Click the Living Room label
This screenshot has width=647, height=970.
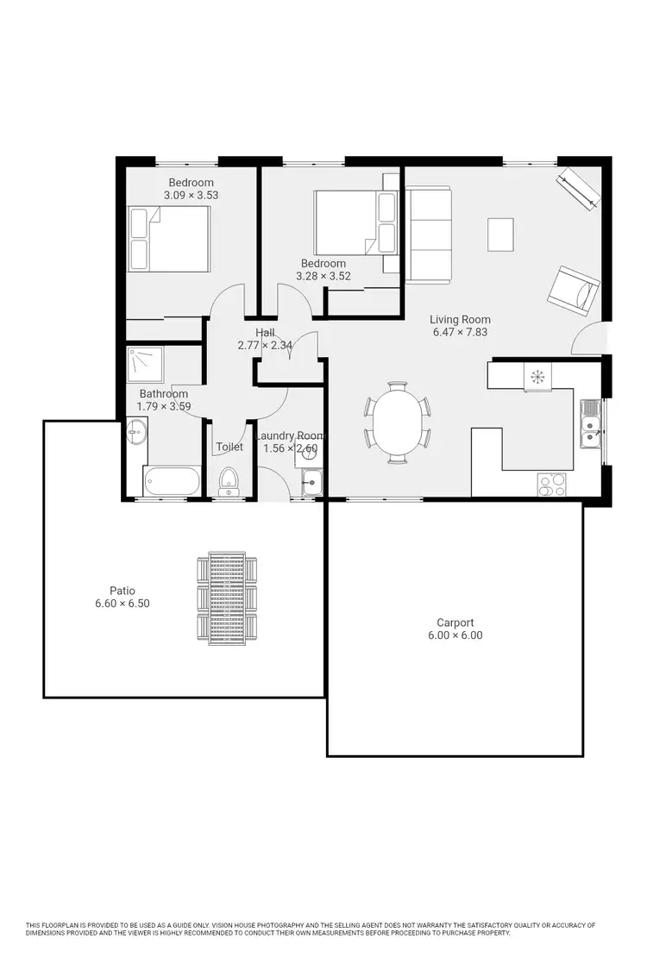click(x=460, y=319)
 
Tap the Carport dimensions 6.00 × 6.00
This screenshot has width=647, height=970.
click(x=455, y=635)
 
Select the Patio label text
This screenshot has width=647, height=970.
click(x=122, y=591)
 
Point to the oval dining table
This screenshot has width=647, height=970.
click(x=398, y=422)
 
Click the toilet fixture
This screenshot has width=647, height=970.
click(x=229, y=480)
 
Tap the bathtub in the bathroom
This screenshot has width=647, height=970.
click(x=172, y=482)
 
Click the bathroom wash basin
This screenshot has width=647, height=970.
click(x=136, y=431)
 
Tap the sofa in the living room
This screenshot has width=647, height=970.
click(x=428, y=235)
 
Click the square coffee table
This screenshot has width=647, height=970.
click(x=500, y=232)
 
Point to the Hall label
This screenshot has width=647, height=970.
click(x=265, y=333)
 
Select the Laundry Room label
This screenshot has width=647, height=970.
click(x=289, y=436)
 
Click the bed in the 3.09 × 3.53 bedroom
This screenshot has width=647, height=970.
click(x=170, y=238)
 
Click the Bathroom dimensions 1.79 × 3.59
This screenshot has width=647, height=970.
click(x=164, y=407)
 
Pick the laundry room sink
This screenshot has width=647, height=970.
click(x=311, y=483)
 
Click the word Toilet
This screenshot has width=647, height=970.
click(x=229, y=447)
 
